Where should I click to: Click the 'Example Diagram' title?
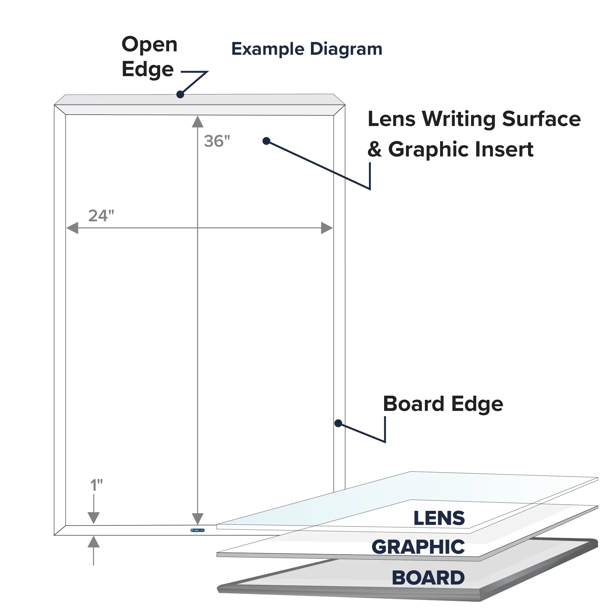pos(307,50)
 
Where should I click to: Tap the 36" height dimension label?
pos(217,141)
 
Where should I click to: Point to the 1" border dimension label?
pos(96,485)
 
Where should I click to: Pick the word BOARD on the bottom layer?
pos(428,578)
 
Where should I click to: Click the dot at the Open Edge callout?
pos(180,94)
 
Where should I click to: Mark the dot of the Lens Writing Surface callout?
pos(266,141)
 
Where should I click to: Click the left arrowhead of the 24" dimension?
pos(72,228)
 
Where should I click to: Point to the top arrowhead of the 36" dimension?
pos(198,122)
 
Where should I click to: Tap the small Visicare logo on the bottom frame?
pos(197,530)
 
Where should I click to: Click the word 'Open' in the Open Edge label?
pos(149,45)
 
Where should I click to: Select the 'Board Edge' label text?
pos(443,404)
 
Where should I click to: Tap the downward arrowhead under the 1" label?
pos(93,518)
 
